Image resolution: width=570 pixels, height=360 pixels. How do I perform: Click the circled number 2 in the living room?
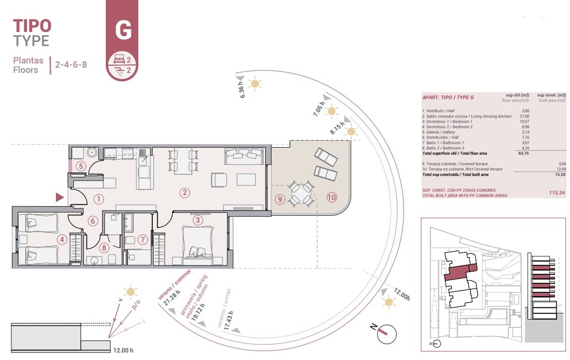tap(185, 192)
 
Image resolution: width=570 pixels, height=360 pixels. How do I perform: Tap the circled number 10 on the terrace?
tap(332, 198)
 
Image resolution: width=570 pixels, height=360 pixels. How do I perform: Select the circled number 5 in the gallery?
tap(81, 166)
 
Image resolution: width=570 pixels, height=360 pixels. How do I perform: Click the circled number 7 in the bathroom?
tap(143, 240)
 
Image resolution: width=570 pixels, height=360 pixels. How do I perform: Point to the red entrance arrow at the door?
tap(59, 197)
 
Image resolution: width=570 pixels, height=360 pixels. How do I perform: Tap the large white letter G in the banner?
tap(123, 31)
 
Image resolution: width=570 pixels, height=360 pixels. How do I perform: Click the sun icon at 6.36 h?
tap(255, 84)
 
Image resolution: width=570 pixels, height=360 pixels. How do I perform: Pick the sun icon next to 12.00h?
tap(388, 302)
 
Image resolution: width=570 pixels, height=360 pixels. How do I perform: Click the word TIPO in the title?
tap(32, 25)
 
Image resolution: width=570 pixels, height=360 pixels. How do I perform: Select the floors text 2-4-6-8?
tap(71, 65)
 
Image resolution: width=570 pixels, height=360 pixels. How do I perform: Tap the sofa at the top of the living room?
tap(244, 156)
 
